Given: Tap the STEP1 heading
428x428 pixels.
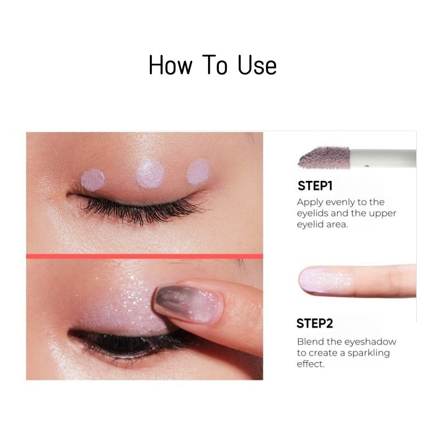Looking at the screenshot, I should click(x=315, y=186).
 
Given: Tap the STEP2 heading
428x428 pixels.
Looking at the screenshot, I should click(x=315, y=323).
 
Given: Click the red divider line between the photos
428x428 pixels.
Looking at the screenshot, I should click(x=144, y=256).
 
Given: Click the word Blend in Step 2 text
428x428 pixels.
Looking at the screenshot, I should click(x=309, y=341).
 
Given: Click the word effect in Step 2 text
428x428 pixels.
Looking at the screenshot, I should click(x=311, y=364).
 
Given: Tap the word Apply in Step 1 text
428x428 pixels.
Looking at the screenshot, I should click(x=309, y=202).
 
